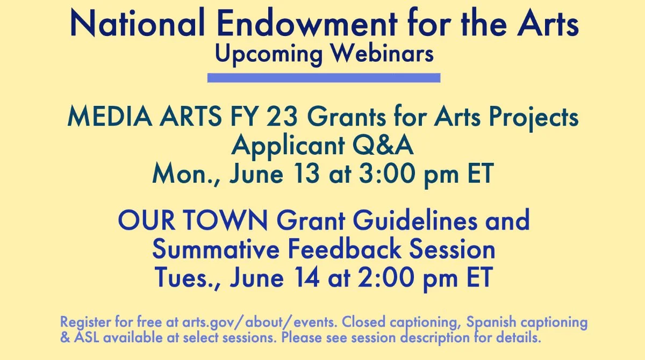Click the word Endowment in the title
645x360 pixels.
[x=307, y=24]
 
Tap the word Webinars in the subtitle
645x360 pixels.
[x=382, y=54]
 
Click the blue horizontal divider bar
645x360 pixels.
[x=324, y=78]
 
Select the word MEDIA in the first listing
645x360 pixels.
[x=110, y=117]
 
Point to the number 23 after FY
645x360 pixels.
[x=282, y=117]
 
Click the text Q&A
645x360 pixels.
[x=383, y=146]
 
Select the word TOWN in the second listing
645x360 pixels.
[x=225, y=220]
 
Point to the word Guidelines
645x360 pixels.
[x=415, y=220]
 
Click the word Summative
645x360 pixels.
[x=216, y=249]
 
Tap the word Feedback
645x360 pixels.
[x=345, y=249]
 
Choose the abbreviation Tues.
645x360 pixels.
[x=187, y=278]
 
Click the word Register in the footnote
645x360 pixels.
[x=85, y=322]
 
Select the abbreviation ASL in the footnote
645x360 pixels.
[x=87, y=337]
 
